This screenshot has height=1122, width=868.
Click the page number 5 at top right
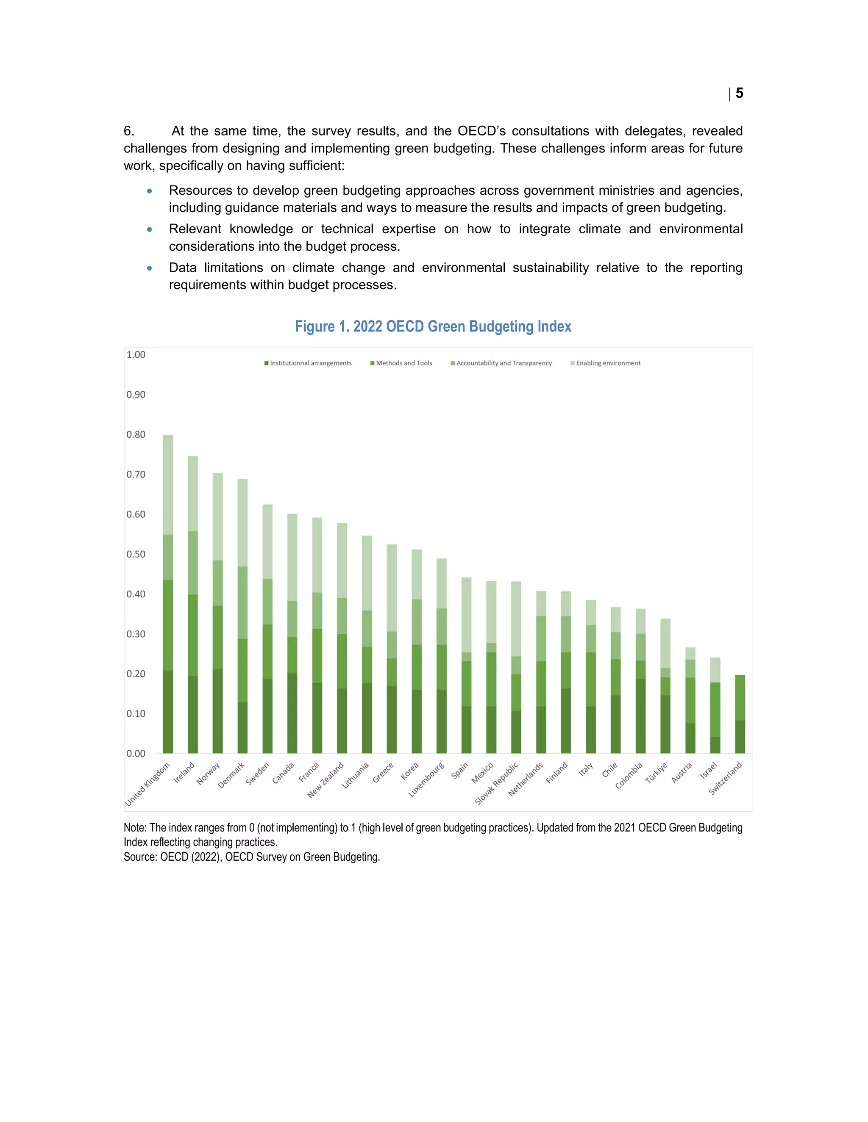(x=739, y=93)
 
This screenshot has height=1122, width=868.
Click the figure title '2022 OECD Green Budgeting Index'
(x=433, y=327)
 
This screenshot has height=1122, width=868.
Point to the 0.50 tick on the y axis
(x=136, y=554)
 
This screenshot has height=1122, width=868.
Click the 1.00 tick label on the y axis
(x=136, y=355)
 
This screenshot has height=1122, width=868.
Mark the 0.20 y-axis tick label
(x=136, y=674)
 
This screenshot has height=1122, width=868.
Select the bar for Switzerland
(x=740, y=714)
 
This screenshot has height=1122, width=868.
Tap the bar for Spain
(x=466, y=668)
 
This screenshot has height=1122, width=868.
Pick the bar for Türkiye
(x=665, y=688)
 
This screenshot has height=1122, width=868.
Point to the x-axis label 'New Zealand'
(x=325, y=780)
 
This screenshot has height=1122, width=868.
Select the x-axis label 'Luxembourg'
(x=426, y=780)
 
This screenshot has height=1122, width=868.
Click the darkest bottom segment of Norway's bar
(x=217, y=712)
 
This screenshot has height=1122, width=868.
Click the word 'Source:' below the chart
(x=140, y=857)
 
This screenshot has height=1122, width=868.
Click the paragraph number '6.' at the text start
(x=129, y=131)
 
